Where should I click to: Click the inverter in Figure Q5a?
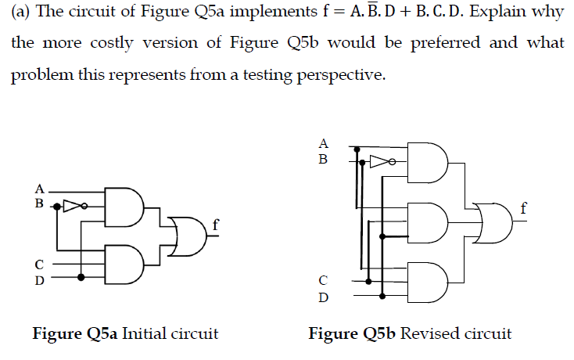coord(74,207)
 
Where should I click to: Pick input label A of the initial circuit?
coord(38,189)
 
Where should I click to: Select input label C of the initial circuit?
coord(38,264)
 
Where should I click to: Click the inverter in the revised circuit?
coord(380,164)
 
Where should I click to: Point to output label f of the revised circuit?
coord(524,208)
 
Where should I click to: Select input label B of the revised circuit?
coord(323,160)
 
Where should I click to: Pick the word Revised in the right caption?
coord(427,334)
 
